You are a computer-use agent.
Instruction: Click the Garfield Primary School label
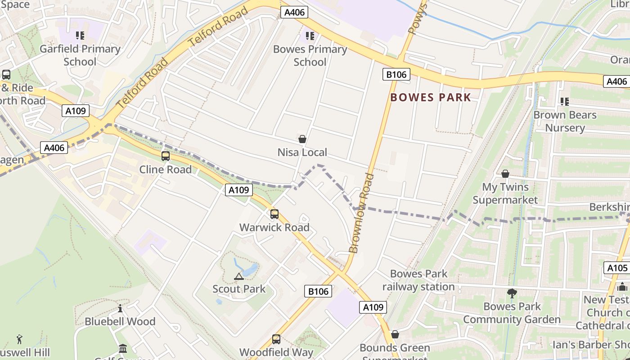80,55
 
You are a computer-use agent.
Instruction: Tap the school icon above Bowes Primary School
310,36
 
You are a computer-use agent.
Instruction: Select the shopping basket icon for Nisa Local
302,139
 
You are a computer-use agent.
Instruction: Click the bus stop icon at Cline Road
166,156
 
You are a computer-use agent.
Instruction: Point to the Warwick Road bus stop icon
274,214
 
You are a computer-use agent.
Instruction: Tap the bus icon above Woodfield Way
276,339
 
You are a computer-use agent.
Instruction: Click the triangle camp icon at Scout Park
239,276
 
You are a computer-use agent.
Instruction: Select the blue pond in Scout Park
250,269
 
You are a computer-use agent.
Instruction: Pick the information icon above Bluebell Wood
120,309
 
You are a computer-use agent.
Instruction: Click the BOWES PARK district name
431,97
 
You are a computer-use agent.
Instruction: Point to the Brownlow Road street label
361,213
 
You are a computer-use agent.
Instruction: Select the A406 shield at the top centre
295,12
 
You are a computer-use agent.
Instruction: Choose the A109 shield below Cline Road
238,190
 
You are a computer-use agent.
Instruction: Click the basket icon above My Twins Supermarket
505,174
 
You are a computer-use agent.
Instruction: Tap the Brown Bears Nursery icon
565,102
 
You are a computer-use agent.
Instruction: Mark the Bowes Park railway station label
418,280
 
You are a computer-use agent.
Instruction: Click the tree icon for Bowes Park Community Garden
512,294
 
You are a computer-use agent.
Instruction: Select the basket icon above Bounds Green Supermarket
395,334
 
